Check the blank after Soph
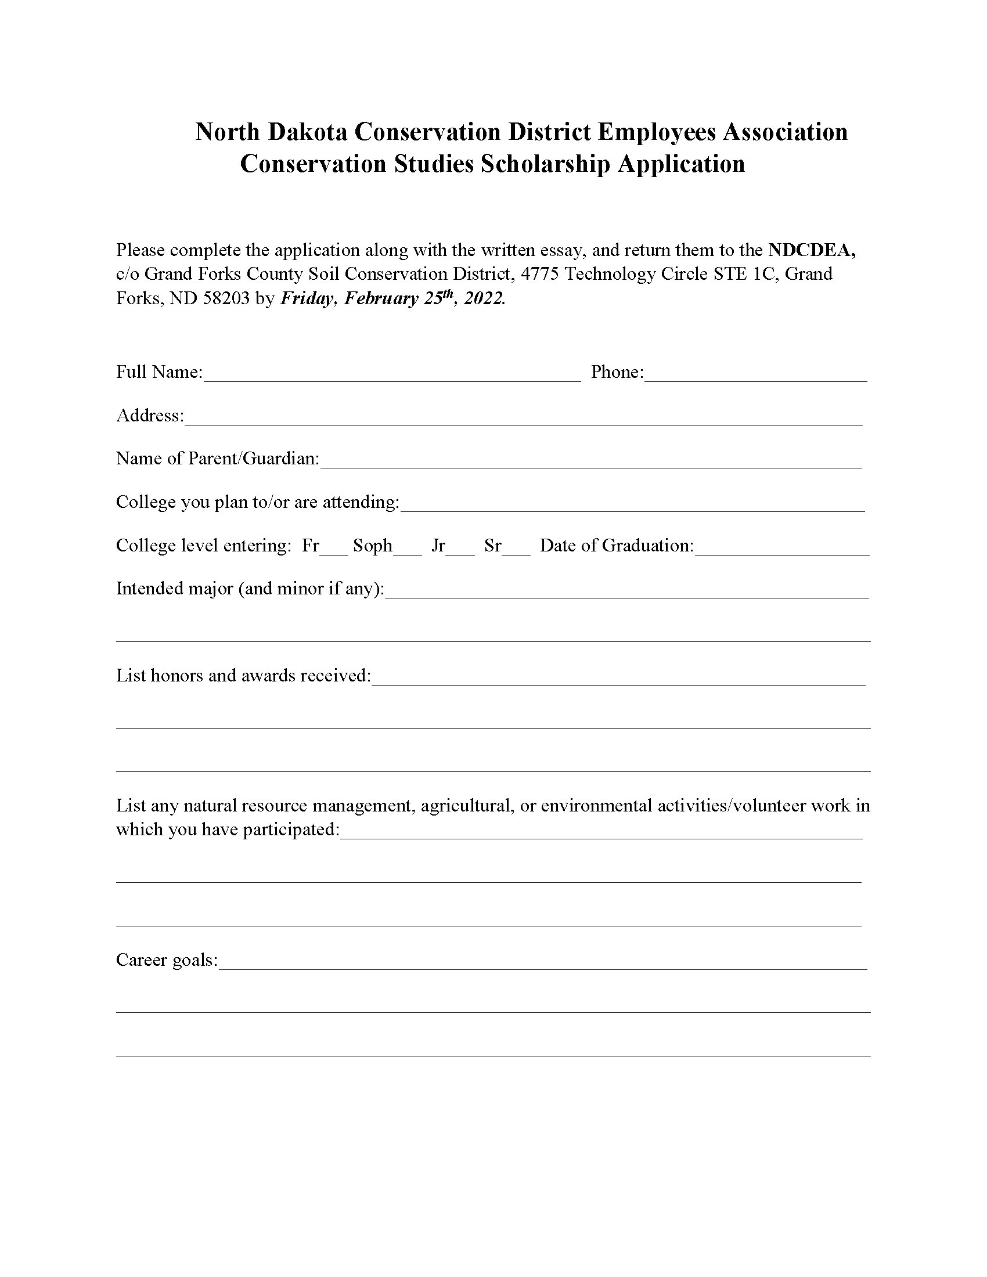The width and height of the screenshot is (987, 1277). (x=408, y=547)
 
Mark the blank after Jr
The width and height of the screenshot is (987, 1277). (x=460, y=547)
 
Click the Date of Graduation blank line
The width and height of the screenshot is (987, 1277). (x=782, y=547)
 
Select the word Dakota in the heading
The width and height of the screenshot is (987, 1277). (x=308, y=132)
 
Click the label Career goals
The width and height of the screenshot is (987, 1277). (x=167, y=960)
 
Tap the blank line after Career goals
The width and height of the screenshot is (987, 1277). (x=542, y=962)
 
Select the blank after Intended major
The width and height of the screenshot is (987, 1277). (x=627, y=590)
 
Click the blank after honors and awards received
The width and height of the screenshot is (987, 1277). (x=618, y=677)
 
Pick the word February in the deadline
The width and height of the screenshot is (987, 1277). (x=381, y=298)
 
